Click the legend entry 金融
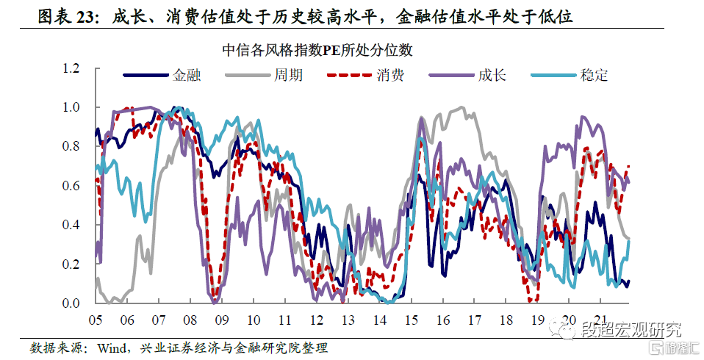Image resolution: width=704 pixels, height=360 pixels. (187, 74)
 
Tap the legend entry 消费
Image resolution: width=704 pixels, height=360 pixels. (389, 74)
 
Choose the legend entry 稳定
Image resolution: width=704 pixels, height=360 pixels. (594, 74)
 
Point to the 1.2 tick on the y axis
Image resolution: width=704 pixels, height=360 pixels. (71, 68)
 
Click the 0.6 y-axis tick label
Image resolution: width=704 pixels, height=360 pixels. (71, 186)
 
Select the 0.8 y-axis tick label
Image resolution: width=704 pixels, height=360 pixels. (71, 146)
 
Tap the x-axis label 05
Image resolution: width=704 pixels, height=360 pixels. (96, 321)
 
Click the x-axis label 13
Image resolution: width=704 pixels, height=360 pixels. (348, 321)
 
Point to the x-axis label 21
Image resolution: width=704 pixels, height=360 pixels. (600, 321)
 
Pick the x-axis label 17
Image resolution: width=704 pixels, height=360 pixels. (474, 321)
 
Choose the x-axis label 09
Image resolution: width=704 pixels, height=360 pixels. (221, 321)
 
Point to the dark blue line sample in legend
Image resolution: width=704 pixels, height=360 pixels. (146, 74)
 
